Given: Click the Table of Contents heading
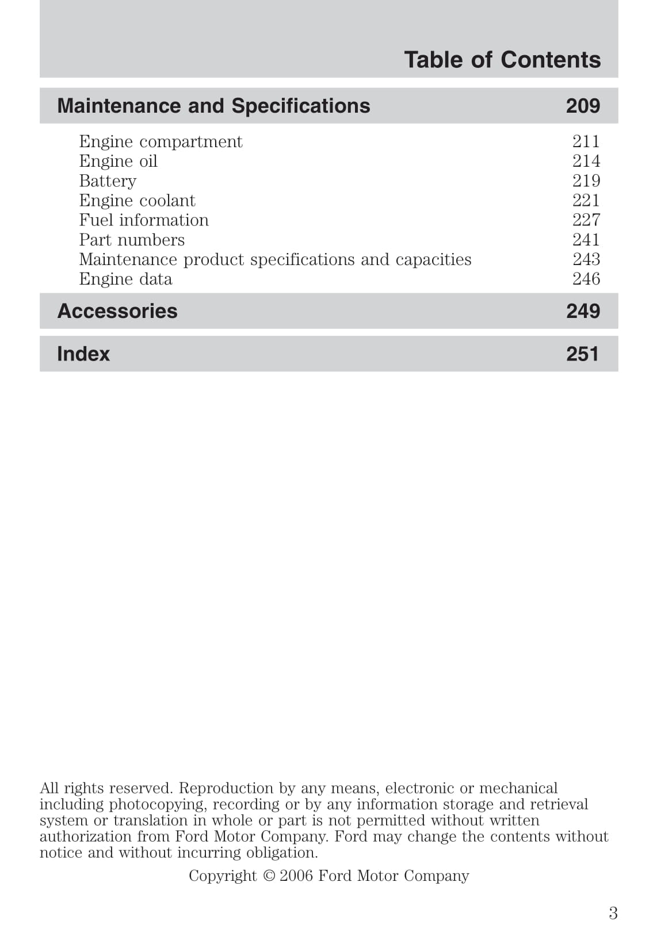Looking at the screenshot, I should [502, 60].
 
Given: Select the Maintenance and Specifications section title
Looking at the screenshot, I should [213, 106].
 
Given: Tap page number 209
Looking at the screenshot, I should [583, 106].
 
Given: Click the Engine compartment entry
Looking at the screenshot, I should [161, 141].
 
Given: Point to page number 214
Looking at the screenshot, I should [586, 161].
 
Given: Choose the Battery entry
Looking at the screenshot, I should [108, 181].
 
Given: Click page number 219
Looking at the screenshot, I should [586, 181].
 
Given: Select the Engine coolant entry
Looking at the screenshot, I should [137, 201].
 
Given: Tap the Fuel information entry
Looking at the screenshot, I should [144, 220].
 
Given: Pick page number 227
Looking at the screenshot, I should [586, 220].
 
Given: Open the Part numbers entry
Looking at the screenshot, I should [132, 240].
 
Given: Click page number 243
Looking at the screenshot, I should [586, 259].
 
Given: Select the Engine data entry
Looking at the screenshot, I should [125, 279].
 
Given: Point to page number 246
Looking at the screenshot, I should [586, 279].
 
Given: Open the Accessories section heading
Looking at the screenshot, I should [117, 311].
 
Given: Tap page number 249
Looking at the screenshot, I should [583, 311].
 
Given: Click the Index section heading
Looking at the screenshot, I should [83, 354].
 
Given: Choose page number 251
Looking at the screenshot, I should [582, 354].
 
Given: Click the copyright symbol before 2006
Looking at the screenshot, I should [269, 876].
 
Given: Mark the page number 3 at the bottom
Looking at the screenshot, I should [613, 913].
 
